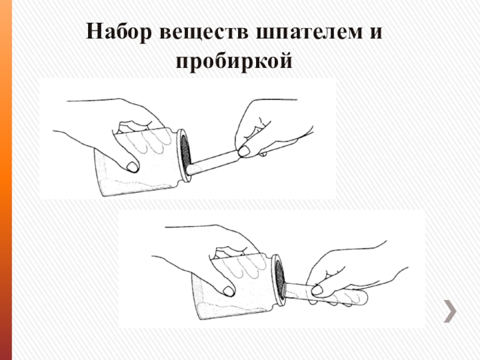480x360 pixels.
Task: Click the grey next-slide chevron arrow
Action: coord(450,311)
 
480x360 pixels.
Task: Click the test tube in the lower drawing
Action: coord(326,294)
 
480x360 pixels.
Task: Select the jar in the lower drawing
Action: coord(239,286)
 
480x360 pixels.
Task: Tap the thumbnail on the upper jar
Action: coord(133,167)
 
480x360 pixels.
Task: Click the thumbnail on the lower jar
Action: coord(229,291)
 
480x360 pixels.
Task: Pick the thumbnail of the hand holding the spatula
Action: coord(244,151)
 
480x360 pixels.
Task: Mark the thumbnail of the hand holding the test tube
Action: coord(317,290)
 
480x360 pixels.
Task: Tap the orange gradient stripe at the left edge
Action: coord(6,180)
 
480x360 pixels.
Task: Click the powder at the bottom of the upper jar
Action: coord(138,187)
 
